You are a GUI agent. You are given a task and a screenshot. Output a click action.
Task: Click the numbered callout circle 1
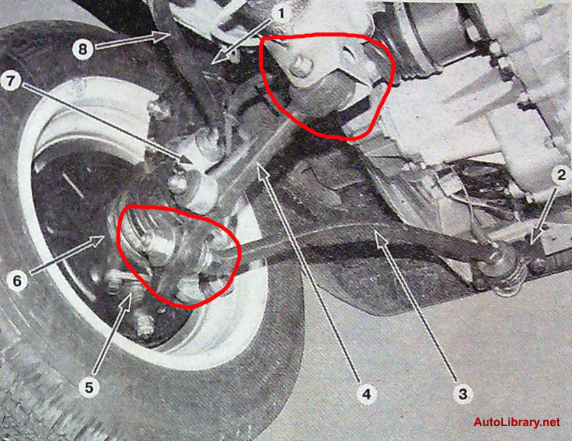pos(280,14)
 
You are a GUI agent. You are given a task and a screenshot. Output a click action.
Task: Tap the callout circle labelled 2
pos(561,175)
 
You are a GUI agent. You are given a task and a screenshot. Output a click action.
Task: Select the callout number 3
pos(463,394)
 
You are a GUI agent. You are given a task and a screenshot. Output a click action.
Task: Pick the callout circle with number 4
pos(366,393)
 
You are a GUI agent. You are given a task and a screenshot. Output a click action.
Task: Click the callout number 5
pos(89,388)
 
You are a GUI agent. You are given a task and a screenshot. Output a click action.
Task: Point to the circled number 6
pos(17,281)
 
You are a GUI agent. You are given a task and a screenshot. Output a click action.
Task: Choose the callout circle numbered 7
pos(11,81)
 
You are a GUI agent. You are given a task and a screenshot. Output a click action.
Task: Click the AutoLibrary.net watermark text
pos(517,422)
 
